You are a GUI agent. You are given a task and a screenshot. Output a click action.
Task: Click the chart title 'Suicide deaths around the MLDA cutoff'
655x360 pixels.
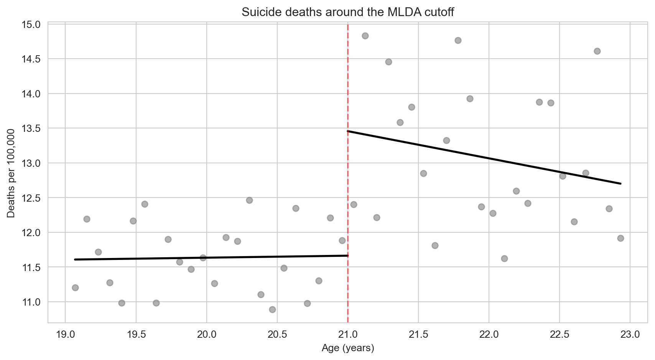[347, 12]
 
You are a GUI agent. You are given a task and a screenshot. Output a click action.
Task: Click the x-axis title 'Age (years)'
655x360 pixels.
[347, 348]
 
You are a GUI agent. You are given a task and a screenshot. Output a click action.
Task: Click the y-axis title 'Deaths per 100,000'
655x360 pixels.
[11, 173]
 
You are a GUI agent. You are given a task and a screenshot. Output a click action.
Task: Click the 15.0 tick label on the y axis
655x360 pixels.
[32, 25]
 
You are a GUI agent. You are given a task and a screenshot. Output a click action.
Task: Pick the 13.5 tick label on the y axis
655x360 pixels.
[32, 128]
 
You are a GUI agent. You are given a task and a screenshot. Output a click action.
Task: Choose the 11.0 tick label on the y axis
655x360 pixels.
[32, 302]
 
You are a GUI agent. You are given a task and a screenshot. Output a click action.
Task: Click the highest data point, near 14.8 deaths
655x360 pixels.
[365, 36]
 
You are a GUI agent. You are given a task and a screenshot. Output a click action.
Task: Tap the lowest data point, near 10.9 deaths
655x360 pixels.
[272, 309]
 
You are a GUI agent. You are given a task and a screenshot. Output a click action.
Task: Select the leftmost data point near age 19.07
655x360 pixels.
[75, 288]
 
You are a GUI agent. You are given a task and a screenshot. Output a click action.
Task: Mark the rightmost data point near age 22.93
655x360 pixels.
[620, 238]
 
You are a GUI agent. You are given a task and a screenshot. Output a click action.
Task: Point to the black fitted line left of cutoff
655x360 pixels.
[211, 258]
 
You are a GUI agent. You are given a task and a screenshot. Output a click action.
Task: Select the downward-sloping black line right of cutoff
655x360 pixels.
[483, 157]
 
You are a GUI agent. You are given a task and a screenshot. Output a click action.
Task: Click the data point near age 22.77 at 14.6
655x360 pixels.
[597, 51]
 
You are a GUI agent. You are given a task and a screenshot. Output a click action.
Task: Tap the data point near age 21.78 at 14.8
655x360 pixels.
[458, 40]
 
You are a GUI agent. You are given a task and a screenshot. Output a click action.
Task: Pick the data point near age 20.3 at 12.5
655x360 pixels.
[249, 200]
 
